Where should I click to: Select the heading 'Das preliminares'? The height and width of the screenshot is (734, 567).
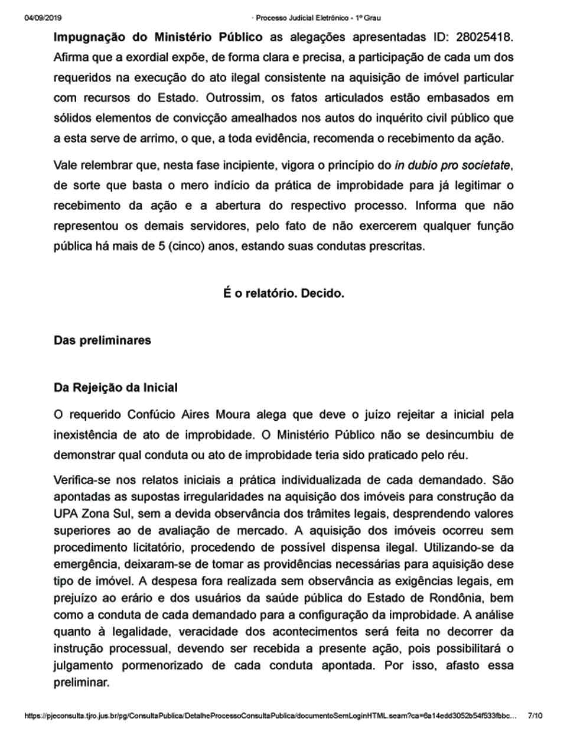pyautogui.click(x=102, y=340)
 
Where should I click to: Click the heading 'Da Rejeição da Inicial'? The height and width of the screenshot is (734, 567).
pyautogui.click(x=115, y=388)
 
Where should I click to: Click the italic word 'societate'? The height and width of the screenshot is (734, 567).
pyautogui.click(x=487, y=165)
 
